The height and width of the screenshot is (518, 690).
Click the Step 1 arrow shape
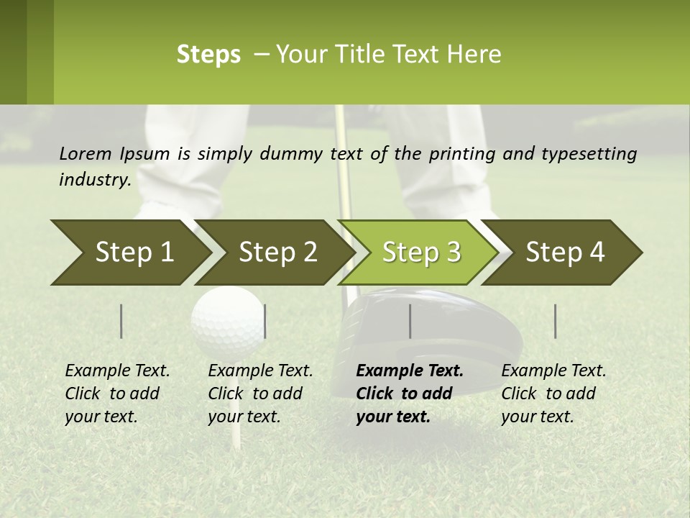pyautogui.click(x=129, y=253)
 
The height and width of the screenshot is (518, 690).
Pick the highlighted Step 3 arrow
pyautogui.click(x=420, y=253)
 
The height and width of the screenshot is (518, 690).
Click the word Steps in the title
pyautogui.click(x=208, y=55)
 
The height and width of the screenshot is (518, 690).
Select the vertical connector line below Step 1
pyautogui.click(x=121, y=321)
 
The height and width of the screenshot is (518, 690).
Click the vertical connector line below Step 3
pyautogui.click(x=410, y=321)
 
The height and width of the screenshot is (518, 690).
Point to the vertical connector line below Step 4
pyautogui.click(x=555, y=321)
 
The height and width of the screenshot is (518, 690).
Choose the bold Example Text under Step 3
pyautogui.click(x=410, y=371)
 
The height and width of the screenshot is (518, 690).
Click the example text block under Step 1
pyautogui.click(x=117, y=394)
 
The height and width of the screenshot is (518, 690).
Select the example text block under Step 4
pyautogui.click(x=553, y=394)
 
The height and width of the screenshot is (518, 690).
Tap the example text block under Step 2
pyautogui.click(x=260, y=394)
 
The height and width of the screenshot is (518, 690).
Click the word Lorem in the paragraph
pyautogui.click(x=86, y=154)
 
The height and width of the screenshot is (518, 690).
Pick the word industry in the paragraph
pyautogui.click(x=95, y=180)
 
